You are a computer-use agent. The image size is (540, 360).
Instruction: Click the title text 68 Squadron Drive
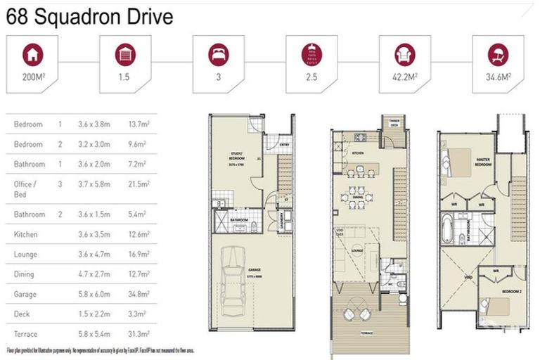tap(89, 17)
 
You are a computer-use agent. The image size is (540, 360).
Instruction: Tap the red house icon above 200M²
tap(31, 54)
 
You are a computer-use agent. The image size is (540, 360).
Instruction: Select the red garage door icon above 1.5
tap(125, 54)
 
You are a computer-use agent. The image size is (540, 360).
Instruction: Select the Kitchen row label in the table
tap(26, 235)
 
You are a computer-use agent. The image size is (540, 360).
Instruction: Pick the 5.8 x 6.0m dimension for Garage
tap(96, 295)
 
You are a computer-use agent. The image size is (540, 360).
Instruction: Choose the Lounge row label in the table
tap(26, 255)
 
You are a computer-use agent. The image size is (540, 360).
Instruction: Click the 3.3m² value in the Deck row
tap(134, 314)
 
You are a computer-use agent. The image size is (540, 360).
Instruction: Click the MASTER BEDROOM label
tap(482, 162)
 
